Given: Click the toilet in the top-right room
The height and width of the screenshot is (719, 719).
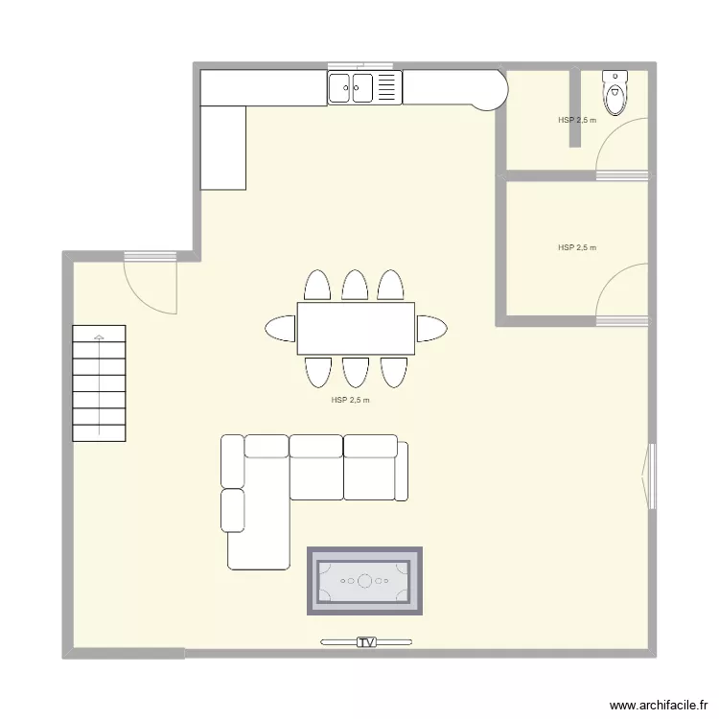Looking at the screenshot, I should click(614, 92).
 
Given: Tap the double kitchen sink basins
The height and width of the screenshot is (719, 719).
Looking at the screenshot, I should click(351, 88).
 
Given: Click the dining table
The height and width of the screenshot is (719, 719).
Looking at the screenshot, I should click(356, 328).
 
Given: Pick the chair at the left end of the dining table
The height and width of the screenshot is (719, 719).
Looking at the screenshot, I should click(281, 328).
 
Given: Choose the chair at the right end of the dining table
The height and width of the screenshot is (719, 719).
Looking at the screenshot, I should click(431, 328).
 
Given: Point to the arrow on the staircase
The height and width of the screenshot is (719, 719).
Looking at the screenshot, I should click(99, 336).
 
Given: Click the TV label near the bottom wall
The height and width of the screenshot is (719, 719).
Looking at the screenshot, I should click(365, 641).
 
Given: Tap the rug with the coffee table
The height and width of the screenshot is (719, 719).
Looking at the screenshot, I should click(364, 581).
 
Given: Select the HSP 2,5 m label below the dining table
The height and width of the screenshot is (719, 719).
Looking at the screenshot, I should click(350, 400).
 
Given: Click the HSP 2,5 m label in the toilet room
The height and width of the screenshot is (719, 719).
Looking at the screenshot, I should click(577, 121).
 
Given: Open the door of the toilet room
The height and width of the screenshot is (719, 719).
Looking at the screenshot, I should click(620, 146).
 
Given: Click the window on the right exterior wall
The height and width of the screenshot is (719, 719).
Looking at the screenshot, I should click(652, 475).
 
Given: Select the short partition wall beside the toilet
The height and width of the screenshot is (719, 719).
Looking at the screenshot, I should click(575, 106).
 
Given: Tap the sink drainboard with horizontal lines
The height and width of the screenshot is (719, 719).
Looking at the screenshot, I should click(386, 88).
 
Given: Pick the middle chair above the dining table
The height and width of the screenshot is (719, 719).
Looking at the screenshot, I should click(356, 286).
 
